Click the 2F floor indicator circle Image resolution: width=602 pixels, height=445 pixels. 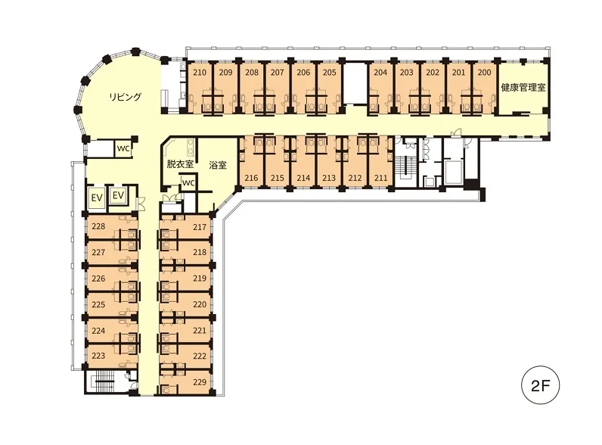point(540,385)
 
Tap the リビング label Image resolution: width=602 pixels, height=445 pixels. point(125,96)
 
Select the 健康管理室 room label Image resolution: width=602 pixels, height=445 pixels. point(523,87)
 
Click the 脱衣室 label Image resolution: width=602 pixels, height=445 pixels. point(180,164)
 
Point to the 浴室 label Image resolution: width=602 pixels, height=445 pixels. point(218,165)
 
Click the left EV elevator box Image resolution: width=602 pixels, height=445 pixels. point(96,198)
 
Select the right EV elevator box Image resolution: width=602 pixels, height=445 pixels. point(118,195)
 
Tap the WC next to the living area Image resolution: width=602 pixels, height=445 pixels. point(123,149)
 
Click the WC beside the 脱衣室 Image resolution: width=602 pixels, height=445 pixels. point(188,183)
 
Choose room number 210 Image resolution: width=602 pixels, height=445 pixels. point(200,72)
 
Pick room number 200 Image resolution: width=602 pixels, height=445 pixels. point(484,72)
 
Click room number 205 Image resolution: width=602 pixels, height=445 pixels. point(330,72)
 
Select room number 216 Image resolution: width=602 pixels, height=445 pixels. point(252,178)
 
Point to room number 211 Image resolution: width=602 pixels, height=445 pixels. point(381,178)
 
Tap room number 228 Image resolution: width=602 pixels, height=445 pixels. point(98,226)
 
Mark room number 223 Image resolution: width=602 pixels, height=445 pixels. point(98,356)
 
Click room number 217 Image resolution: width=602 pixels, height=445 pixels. point(200,227)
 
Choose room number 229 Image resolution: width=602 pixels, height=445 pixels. point(200,382)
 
